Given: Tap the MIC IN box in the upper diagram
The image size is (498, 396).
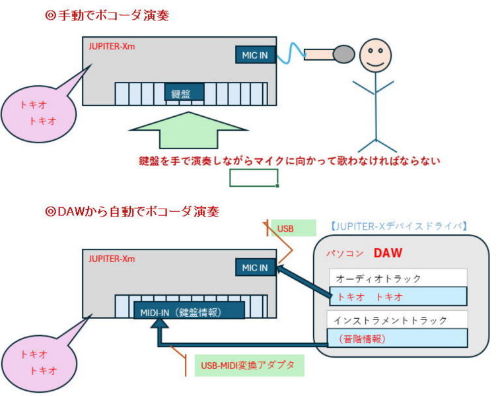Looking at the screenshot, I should click(254, 55).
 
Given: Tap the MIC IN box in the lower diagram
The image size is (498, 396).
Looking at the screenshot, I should click(254, 267).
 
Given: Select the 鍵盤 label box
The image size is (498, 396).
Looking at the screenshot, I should click(184, 93).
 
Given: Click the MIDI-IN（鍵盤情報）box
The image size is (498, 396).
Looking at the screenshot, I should click(189, 311).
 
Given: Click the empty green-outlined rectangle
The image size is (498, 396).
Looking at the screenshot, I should click(254, 178).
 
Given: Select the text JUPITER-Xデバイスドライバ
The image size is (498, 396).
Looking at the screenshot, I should click(398, 226).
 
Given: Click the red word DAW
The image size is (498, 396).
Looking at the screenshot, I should click(389, 252).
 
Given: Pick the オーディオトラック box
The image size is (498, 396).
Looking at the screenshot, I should click(398, 278).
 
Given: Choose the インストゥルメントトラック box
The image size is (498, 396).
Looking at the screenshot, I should click(398, 320).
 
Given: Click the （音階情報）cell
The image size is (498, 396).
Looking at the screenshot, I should click(398, 339).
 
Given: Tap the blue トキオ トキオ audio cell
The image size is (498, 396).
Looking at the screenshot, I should click(398, 296).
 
